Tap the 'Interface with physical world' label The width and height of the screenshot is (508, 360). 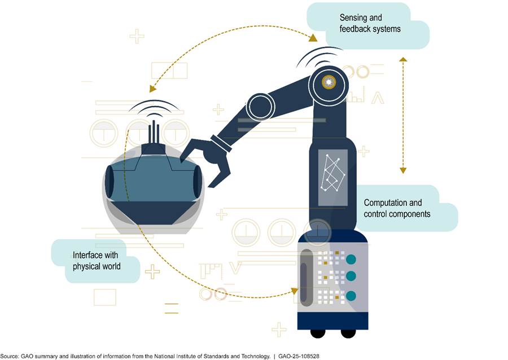tap(97, 260)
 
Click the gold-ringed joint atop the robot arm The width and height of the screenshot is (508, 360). tap(328, 83)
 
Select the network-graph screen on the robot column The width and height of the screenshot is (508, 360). tap(332, 177)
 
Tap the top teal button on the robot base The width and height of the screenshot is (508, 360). tap(352, 259)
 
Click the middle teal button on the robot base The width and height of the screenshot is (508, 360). tap(352, 276)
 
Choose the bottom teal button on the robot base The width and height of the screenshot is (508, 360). tap(352, 295)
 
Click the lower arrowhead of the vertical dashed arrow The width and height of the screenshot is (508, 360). tap(402, 169)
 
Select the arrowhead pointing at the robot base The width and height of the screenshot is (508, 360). tap(293, 291)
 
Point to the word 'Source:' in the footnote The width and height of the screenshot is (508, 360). tap(10, 356)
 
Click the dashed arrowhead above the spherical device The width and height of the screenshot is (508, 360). tap(152, 89)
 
